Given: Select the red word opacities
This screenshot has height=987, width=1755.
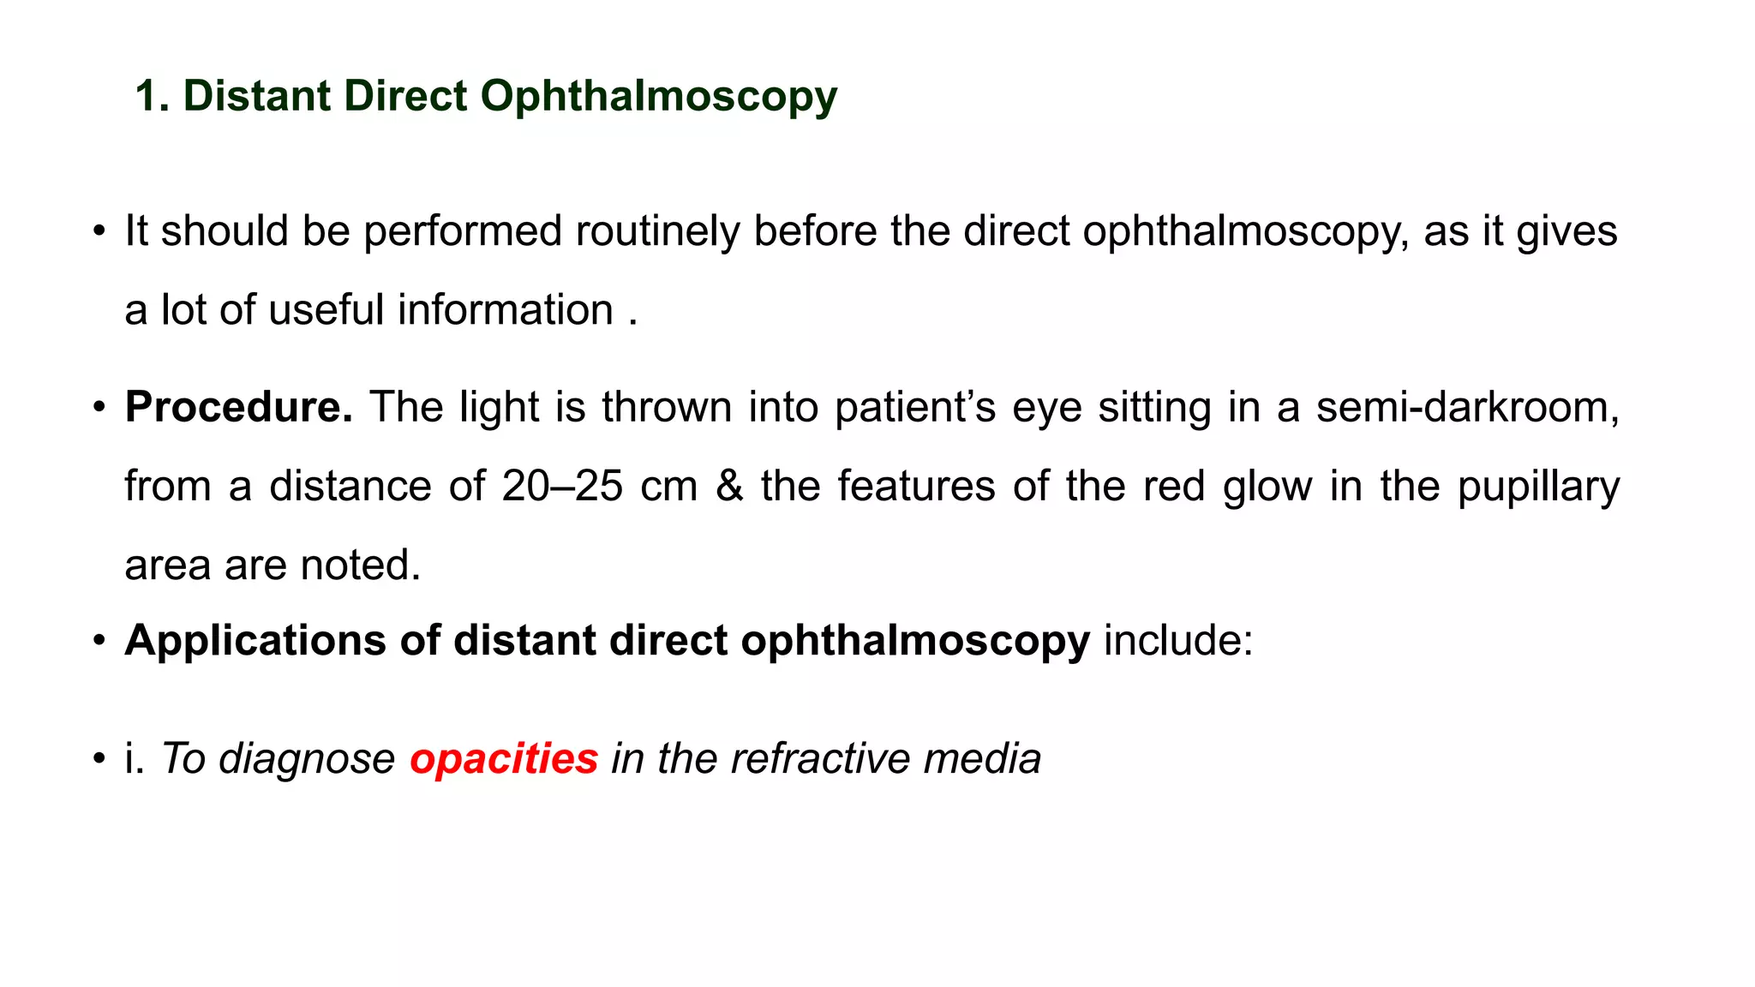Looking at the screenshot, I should coord(504,758).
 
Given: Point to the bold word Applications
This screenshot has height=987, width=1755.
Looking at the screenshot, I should coord(255,640).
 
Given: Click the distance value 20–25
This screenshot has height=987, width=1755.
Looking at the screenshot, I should coord(562,486).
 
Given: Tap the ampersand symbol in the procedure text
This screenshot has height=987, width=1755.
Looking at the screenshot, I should coord(728,486).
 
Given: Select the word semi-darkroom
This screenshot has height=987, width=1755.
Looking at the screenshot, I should coord(1467,407).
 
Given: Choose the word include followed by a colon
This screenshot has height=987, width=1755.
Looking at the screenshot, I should coord(1177,640).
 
